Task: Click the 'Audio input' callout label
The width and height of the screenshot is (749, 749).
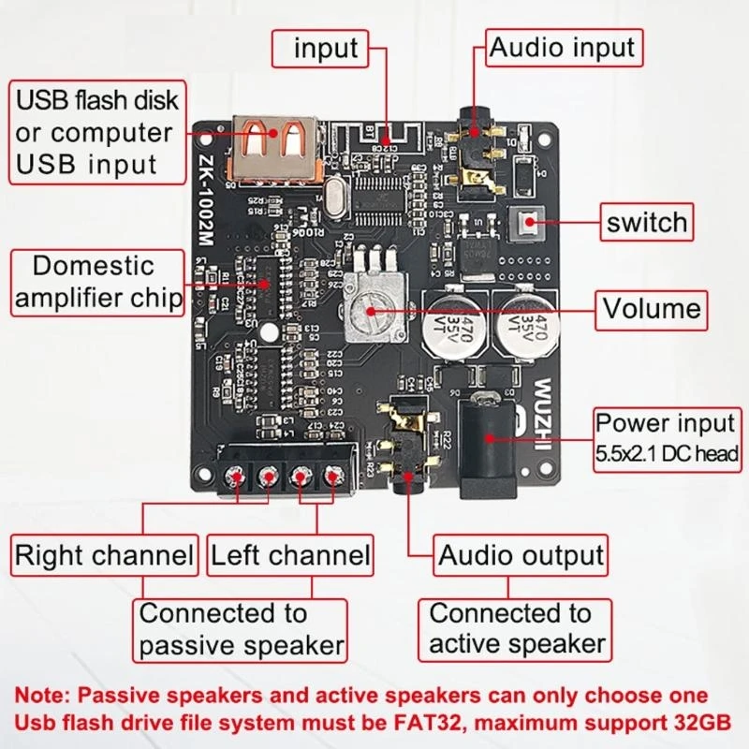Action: [x=563, y=47]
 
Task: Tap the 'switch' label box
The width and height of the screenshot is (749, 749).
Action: [x=647, y=223]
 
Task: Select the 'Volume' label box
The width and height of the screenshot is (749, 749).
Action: [x=652, y=308]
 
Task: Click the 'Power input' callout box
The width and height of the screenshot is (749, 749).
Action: [x=666, y=437]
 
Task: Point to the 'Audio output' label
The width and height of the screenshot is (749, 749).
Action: [x=521, y=555]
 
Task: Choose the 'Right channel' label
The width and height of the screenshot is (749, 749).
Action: [x=103, y=555]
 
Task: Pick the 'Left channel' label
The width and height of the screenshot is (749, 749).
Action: [x=290, y=555]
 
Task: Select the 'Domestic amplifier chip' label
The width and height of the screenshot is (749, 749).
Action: [x=97, y=282]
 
